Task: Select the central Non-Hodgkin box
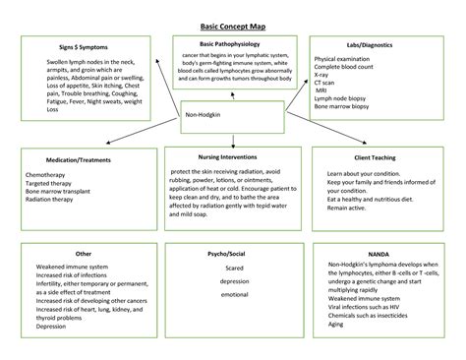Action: click(x=203, y=116)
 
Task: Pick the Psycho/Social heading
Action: click(x=233, y=253)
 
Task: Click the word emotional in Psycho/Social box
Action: click(x=234, y=294)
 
